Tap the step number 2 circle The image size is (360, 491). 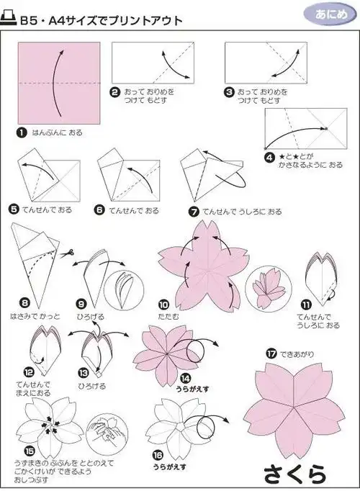tap(114, 92)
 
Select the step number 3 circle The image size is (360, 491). tap(229, 92)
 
